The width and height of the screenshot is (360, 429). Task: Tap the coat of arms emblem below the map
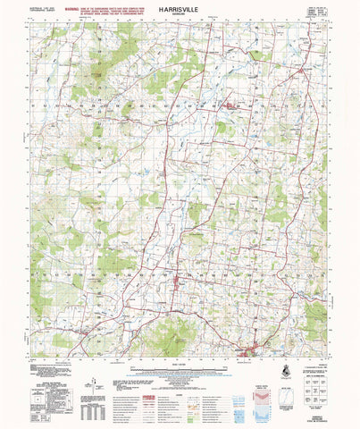(285, 368)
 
